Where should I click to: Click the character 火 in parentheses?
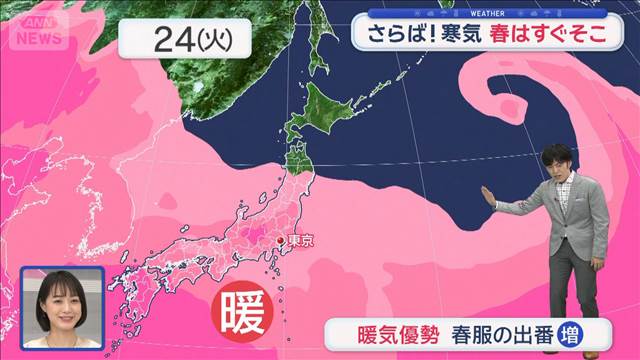coord(213,41)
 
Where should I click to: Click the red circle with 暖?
coord(243,313)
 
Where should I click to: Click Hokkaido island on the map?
coord(330,110)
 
